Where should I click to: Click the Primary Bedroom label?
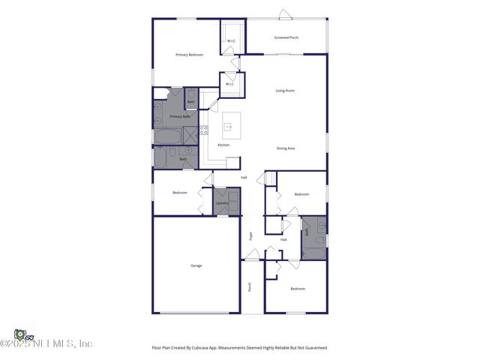click(189, 55)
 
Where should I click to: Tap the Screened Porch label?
click(286, 37)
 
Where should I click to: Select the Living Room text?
click(285, 91)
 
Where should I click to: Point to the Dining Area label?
click(286, 148)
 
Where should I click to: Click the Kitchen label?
click(223, 145)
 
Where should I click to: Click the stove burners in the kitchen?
click(203, 130)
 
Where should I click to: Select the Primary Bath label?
click(180, 116)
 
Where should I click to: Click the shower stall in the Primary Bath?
click(191, 135)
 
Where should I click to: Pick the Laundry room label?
click(222, 203)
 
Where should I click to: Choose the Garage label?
click(196, 265)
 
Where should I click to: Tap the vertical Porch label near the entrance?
click(250, 287)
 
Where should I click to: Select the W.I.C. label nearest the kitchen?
click(230, 84)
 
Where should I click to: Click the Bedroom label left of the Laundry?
click(180, 193)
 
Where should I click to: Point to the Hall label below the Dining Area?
click(244, 177)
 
